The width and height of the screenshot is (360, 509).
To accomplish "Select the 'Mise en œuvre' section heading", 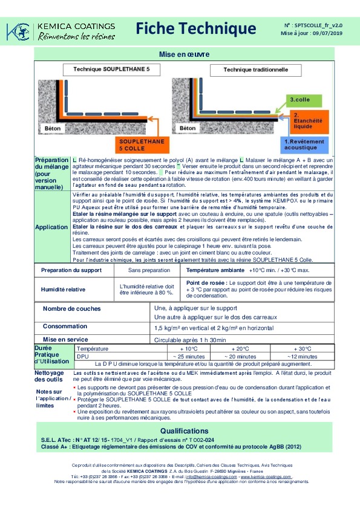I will pyautogui.click(x=184, y=54).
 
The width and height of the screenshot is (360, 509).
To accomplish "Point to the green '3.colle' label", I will pyautogui.click(x=300, y=99).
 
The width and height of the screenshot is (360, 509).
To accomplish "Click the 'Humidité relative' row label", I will pyautogui.click(x=63, y=290).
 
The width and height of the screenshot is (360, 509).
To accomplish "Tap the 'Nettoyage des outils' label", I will pyautogui.click(x=49, y=377).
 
